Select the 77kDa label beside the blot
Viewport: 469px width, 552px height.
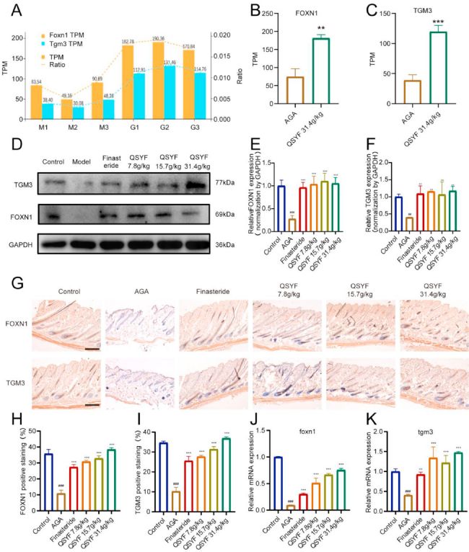click(224, 184)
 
